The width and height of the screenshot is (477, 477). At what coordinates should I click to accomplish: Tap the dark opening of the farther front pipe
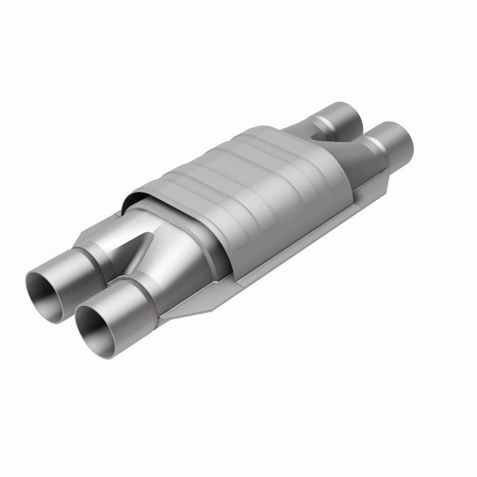pos(50,286)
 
